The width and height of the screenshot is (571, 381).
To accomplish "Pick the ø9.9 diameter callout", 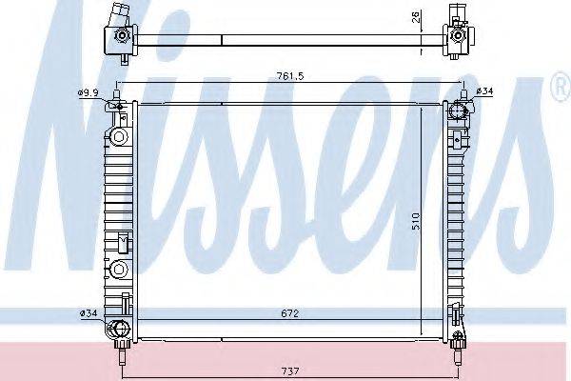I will pyautogui.click(x=89, y=92).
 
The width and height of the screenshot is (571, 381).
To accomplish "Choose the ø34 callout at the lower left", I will pyautogui.click(x=89, y=311).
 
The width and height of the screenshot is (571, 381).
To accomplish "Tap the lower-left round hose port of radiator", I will pyautogui.click(x=118, y=331).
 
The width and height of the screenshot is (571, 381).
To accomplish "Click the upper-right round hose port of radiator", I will pyautogui.click(x=457, y=112).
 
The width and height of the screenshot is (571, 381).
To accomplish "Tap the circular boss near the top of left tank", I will pyautogui.click(x=119, y=135).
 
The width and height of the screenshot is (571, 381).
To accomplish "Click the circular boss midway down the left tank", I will pyautogui.click(x=119, y=268).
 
